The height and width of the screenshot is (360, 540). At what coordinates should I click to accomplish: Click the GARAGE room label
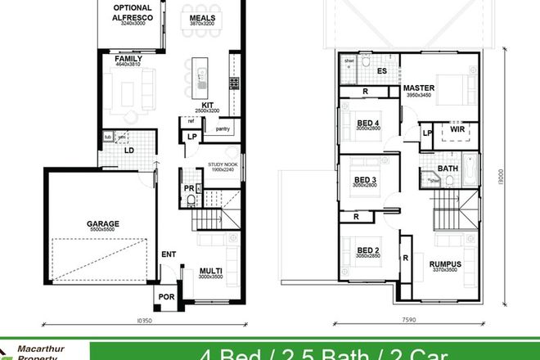pyautogui.click(x=104, y=223)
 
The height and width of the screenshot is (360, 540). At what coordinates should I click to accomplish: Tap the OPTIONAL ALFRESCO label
pyautogui.click(x=131, y=11)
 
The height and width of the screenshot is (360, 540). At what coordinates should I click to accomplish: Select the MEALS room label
pyautogui.click(x=202, y=17)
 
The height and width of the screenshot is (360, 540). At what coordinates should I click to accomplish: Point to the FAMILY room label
pyautogui.click(x=129, y=60)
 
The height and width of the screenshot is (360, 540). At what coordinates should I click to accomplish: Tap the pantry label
pyautogui.click(x=221, y=128)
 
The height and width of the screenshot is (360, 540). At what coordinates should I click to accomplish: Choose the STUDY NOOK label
pyautogui.click(x=222, y=164)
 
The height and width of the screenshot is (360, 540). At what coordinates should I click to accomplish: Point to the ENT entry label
pyautogui.click(x=169, y=255)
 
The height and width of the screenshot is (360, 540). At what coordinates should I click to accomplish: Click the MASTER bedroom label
pyautogui.click(x=418, y=88)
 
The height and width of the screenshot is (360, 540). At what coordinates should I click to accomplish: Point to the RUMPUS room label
pyautogui.click(x=443, y=263)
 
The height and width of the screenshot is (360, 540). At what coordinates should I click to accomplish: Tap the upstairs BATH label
pyautogui.click(x=448, y=169)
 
